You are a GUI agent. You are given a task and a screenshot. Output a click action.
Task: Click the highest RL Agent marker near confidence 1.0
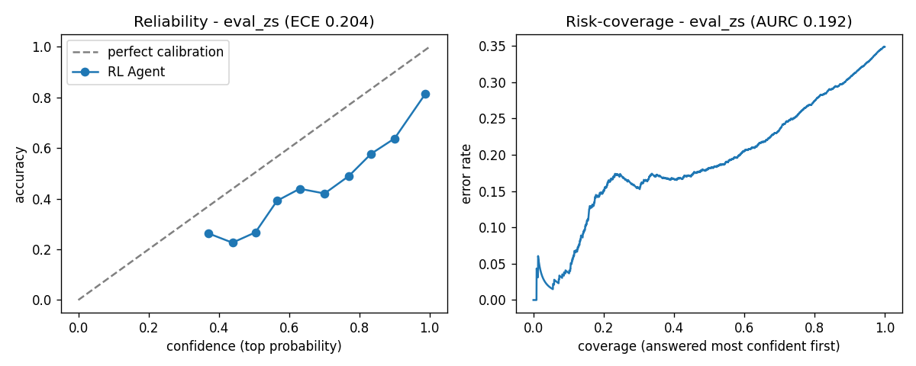click(425, 95)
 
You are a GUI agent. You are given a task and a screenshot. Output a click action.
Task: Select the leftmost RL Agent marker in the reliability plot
click(208, 233)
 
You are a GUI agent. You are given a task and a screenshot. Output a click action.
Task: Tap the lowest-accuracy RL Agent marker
click(233, 242)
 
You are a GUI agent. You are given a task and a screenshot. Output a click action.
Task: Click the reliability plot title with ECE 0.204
click(254, 21)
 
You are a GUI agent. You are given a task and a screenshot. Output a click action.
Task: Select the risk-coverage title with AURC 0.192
click(709, 21)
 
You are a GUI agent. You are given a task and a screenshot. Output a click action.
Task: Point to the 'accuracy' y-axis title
click(20, 175)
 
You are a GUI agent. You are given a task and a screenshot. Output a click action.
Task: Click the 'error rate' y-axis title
click(466, 174)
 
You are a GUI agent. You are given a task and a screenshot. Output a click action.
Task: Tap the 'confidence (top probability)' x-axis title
click(254, 346)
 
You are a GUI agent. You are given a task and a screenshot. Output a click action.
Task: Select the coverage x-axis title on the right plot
click(708, 346)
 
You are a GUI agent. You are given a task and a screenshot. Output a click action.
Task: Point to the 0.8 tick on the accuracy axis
click(42, 98)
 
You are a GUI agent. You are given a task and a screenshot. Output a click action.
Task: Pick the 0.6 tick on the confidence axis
click(289, 328)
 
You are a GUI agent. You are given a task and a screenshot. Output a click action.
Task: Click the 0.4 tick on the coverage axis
click(674, 328)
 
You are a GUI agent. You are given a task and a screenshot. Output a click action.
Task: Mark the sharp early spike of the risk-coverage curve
click(537, 256)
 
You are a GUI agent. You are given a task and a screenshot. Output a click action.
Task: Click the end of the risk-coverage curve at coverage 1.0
click(885, 47)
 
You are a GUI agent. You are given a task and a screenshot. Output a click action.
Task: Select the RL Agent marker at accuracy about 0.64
click(395, 140)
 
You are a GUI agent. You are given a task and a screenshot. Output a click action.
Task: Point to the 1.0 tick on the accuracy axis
click(42, 47)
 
